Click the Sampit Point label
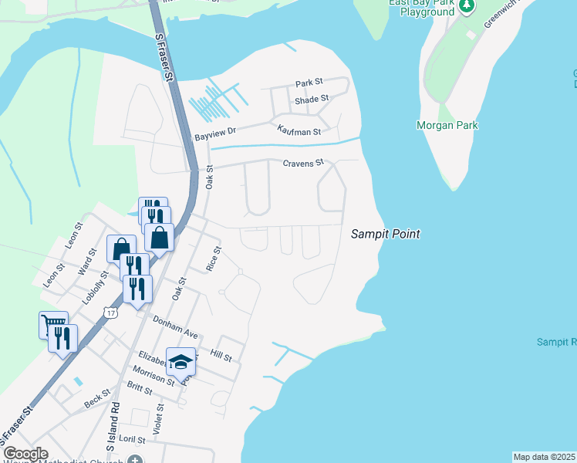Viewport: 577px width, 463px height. pos(386,233)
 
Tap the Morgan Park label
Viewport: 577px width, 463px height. pos(447,126)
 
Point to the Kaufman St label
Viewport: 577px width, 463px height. pos(299,132)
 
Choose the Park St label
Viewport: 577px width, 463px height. pos(309,83)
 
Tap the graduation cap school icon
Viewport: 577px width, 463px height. pos(181,360)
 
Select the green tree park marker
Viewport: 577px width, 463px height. pos(467,7)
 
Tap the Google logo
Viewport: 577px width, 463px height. pos(25,454)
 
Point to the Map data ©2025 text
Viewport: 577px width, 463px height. pos(545,457)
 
